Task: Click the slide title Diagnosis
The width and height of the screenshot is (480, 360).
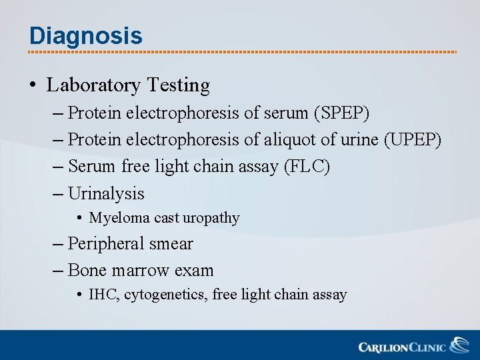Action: click(85, 35)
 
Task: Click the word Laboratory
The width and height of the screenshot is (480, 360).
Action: click(93, 85)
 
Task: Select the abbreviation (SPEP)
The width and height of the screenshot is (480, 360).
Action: click(341, 113)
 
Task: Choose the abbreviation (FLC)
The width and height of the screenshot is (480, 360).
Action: click(307, 167)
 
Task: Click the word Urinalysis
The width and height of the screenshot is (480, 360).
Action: click(106, 193)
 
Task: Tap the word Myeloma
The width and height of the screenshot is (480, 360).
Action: click(120, 218)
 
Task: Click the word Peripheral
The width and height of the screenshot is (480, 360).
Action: click(107, 244)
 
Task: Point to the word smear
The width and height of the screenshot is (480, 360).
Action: click(171, 244)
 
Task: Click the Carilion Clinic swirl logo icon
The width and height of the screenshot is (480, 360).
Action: click(459, 345)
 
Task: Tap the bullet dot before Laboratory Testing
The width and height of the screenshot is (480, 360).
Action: click(33, 85)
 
